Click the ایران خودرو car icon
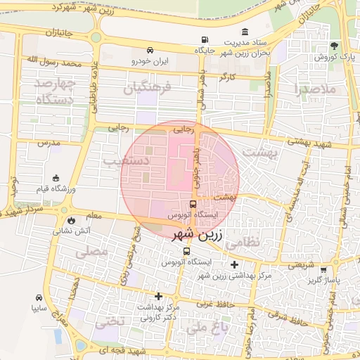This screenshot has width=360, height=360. [150, 51]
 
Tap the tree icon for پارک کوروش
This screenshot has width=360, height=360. [334, 45]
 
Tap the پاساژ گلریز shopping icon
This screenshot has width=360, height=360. [323, 269]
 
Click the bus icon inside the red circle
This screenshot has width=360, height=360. [193, 204]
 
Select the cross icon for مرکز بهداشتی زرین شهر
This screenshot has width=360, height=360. [234, 264]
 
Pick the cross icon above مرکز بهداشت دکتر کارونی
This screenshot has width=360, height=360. [159, 296]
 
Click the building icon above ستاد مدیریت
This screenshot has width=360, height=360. [244, 32]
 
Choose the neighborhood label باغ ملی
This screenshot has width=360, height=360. [210, 328]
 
